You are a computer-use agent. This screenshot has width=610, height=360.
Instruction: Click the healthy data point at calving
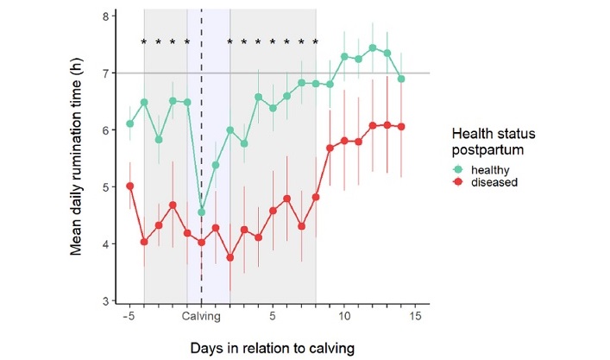click(202, 212)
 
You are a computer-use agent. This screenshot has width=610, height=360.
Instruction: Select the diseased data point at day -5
click(129, 186)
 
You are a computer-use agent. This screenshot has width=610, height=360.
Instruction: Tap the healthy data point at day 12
click(373, 48)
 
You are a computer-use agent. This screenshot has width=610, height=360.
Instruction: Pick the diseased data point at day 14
click(401, 127)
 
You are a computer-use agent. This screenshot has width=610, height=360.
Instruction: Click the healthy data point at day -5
click(129, 123)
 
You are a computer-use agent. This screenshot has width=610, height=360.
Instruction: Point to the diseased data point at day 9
click(330, 148)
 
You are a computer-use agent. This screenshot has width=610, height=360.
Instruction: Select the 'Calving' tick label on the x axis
click(202, 316)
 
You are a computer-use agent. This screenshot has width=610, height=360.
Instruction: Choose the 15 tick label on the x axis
click(415, 316)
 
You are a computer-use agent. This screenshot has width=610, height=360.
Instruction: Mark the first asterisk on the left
click(144, 42)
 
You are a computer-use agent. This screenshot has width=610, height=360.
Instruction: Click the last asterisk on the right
click(316, 42)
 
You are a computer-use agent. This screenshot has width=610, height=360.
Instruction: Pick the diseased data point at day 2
click(230, 257)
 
